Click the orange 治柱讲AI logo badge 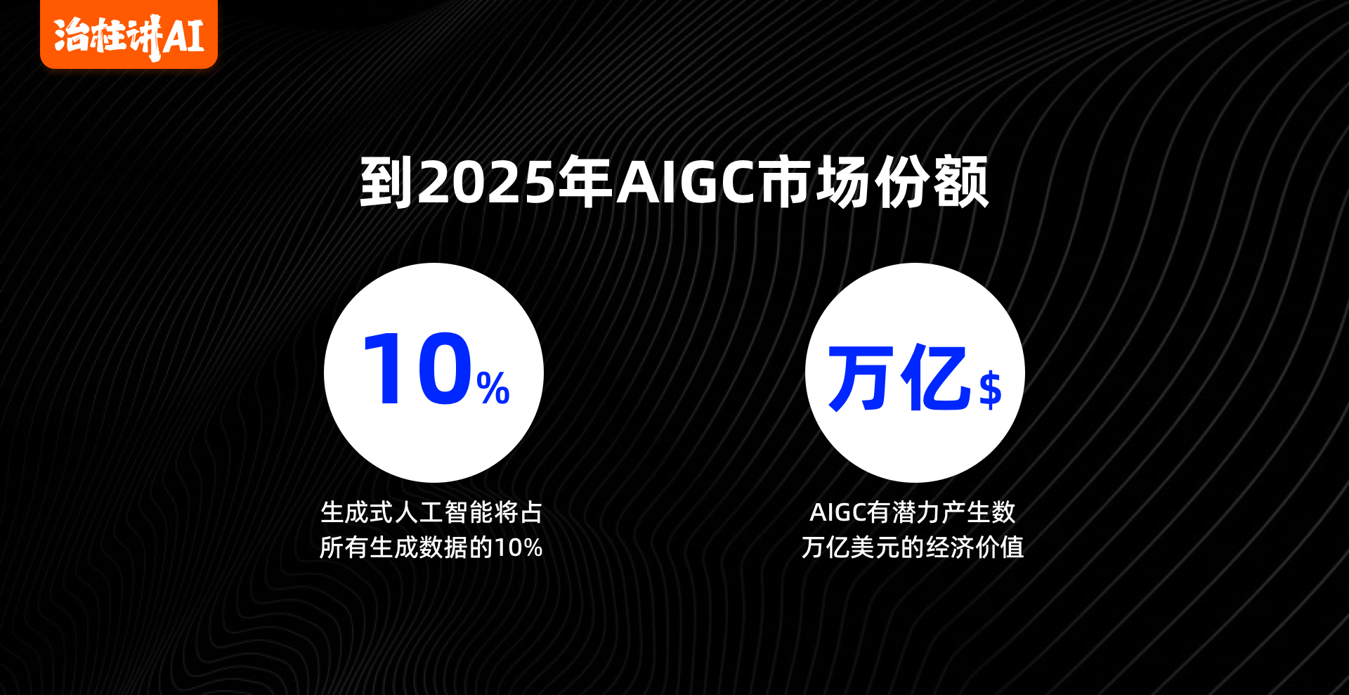point(129,34)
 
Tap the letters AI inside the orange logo point(183,37)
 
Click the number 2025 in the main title point(487,183)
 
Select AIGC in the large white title point(687,183)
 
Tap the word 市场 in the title point(816,183)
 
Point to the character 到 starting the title point(386,183)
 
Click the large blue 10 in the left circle point(418,370)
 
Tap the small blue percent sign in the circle point(493,388)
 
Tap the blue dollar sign point(991,389)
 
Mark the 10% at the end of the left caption point(519,547)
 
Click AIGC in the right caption point(838,512)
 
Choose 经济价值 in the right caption point(975,547)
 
